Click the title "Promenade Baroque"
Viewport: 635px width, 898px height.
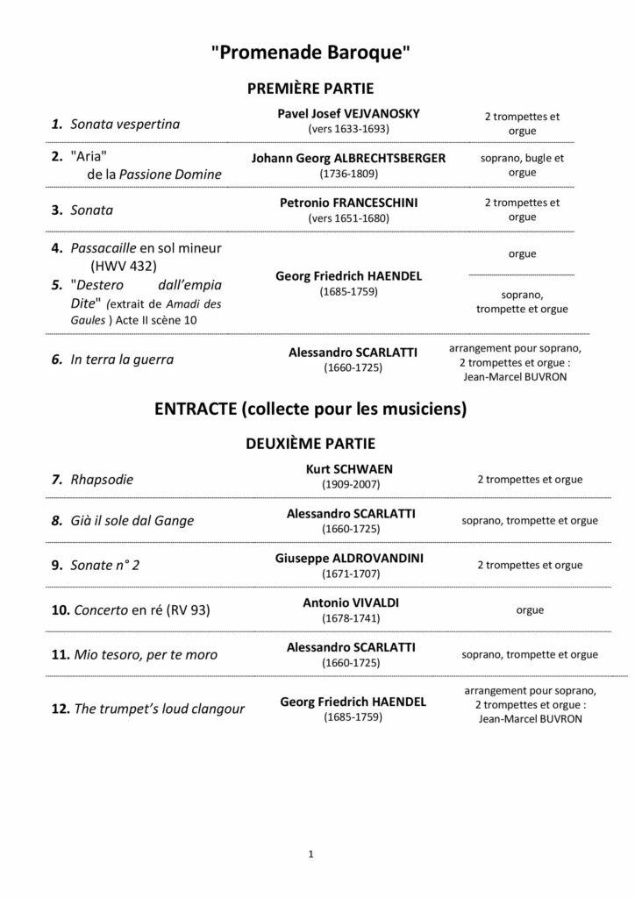[311, 53]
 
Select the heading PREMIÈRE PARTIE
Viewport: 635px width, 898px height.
[310, 89]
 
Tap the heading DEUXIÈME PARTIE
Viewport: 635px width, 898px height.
[311, 445]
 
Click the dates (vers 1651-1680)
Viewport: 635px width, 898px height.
[348, 217]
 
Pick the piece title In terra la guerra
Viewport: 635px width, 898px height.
[122, 359]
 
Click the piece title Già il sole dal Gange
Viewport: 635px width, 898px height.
[132, 521]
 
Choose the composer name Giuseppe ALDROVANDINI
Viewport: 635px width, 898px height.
[349, 556]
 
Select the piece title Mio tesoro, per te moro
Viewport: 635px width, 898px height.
[145, 655]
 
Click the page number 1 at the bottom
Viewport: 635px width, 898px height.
[311, 852]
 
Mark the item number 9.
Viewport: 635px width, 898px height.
[56, 566]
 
